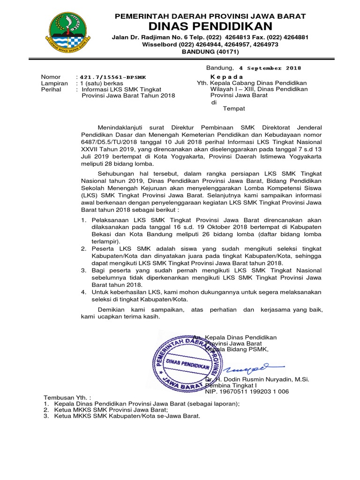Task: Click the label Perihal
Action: click(51, 89)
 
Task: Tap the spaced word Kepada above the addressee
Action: click(227, 77)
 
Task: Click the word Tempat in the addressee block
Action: click(233, 109)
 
